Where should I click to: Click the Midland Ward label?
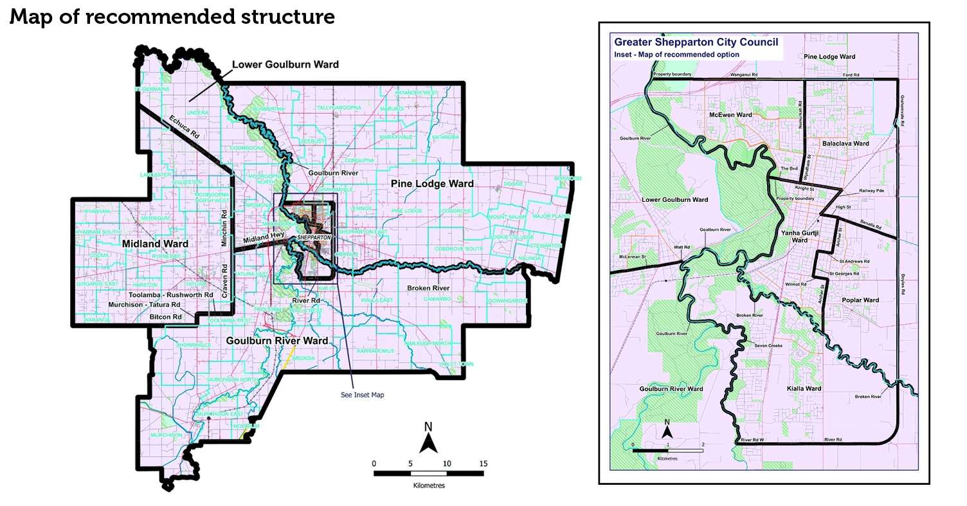(154, 244)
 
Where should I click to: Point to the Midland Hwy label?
(259, 239)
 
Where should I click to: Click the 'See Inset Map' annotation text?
(362, 395)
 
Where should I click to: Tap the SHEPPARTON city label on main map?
(314, 237)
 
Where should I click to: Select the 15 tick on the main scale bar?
(483, 463)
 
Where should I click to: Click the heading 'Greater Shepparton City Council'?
(696, 42)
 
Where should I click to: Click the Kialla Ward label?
(804, 389)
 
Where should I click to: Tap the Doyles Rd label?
(903, 284)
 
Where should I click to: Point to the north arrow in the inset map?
(667, 428)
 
